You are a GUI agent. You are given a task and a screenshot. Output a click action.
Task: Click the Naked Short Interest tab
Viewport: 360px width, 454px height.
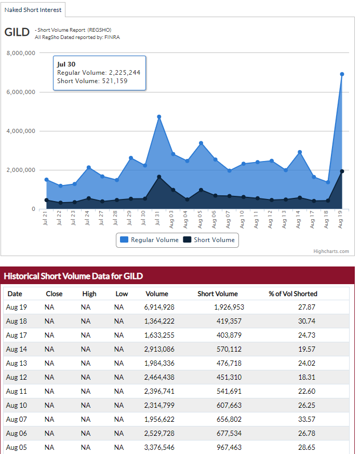[33, 9]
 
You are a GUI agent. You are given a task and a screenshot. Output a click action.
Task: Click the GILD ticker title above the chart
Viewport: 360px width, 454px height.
[17, 32]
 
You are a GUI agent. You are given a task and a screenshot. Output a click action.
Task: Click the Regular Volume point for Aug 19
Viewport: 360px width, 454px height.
[342, 74]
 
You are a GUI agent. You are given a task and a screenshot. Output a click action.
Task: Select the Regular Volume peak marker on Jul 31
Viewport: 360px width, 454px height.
[159, 117]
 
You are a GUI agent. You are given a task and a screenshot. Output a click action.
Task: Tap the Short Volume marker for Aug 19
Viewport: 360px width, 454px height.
[342, 171]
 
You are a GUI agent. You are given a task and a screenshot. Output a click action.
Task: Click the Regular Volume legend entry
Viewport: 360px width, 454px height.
[149, 240]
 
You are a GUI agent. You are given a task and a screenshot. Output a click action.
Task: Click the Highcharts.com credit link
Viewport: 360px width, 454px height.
[331, 251]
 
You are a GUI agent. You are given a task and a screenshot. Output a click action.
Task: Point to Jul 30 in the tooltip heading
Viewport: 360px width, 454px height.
[66, 64]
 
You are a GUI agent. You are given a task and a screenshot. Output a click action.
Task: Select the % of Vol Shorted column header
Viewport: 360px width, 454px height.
[292, 293]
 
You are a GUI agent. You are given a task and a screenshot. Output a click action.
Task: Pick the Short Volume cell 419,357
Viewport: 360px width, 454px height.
[229, 321]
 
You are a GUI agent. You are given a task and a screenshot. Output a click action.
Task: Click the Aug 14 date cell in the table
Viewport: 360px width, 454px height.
[16, 349]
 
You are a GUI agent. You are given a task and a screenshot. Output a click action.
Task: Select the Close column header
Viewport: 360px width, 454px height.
[54, 293]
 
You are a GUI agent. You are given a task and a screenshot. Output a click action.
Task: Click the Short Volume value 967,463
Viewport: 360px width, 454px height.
[229, 447]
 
